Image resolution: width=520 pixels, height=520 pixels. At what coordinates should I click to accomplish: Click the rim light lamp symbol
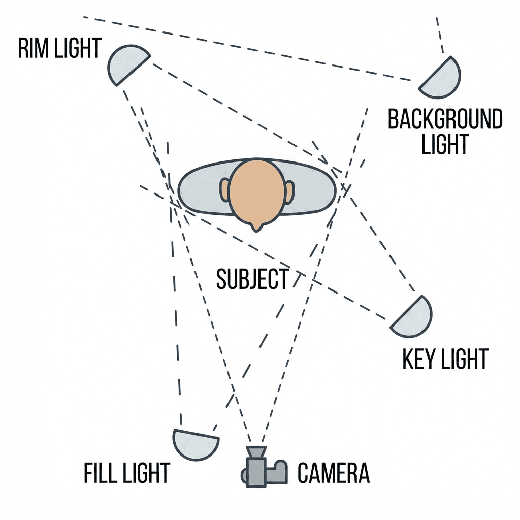126,63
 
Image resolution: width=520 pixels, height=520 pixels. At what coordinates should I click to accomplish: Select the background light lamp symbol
442,79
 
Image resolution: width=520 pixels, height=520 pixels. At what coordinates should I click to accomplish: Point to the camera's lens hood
255,451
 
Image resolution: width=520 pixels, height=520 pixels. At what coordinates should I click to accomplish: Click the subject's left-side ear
225,190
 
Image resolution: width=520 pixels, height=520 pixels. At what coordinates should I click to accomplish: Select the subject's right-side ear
289,191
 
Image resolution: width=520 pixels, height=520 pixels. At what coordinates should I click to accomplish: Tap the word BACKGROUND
445,120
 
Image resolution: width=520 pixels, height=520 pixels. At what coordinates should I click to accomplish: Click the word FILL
101,473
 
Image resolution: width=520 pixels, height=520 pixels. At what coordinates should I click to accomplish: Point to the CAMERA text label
333,473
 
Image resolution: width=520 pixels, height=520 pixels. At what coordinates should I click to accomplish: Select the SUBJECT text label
252,279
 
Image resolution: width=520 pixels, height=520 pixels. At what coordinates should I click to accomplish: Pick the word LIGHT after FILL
146,473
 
